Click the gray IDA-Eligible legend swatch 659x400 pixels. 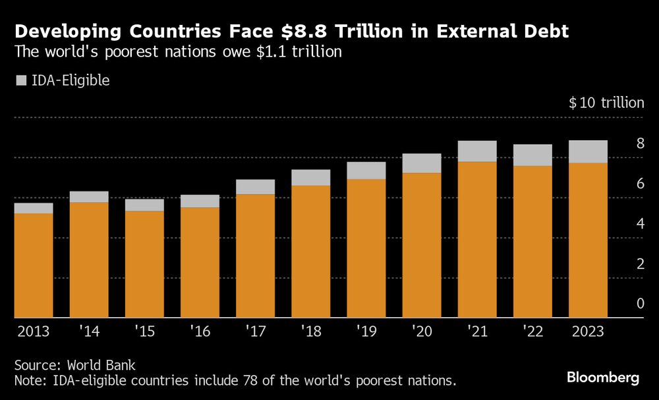[x=20, y=82]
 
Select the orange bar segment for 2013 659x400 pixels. [x=34, y=265]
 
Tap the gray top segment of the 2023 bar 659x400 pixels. [x=588, y=151]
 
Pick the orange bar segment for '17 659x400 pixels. [x=255, y=255]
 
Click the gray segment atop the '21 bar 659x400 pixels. [x=477, y=151]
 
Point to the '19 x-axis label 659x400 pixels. [x=365, y=331]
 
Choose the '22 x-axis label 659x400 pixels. [x=532, y=331]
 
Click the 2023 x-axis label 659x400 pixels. [x=587, y=331]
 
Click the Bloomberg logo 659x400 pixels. [x=603, y=378]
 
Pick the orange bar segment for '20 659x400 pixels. [x=422, y=245]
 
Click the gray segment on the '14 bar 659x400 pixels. [x=89, y=197]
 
